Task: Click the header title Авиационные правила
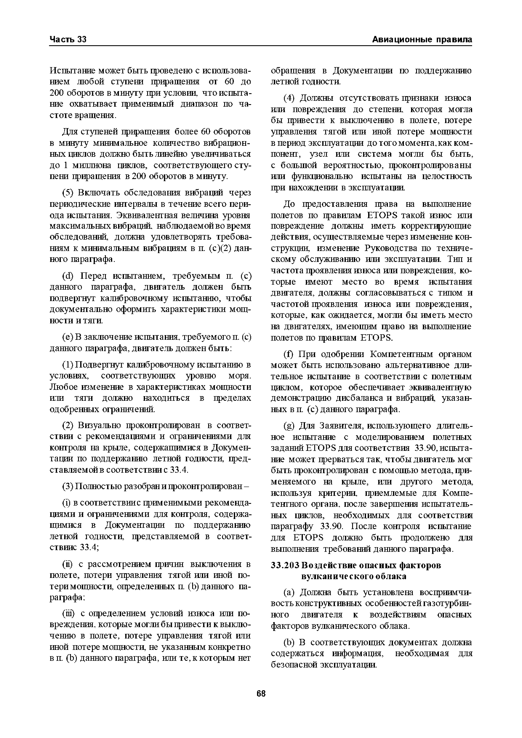pos(422,40)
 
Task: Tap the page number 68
pos(261,693)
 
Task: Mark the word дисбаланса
pos(361,398)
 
